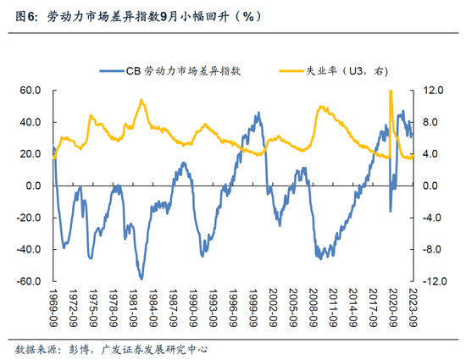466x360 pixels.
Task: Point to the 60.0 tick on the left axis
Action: (x=31, y=90)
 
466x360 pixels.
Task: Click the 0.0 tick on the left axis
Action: (x=34, y=186)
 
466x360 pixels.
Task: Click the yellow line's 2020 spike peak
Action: (x=390, y=91)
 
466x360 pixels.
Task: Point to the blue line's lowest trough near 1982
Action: (x=141, y=278)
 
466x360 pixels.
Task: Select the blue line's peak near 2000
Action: (x=258, y=114)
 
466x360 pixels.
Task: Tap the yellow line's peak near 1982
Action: (x=141, y=101)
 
